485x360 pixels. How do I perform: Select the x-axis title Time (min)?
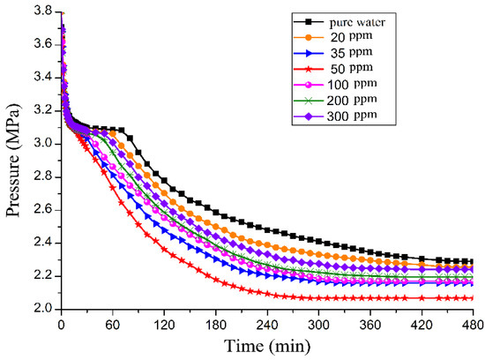click(265, 347)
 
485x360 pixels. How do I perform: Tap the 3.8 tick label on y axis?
click(40, 11)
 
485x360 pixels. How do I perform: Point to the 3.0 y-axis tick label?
click(40, 144)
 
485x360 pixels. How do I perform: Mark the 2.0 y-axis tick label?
click(40, 310)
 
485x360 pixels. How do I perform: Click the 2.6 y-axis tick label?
click(40, 210)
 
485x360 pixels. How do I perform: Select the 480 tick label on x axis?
click(472, 325)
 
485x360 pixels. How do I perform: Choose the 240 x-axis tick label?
click(266, 325)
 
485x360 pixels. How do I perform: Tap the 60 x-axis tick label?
click(111, 325)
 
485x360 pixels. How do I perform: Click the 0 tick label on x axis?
click(60, 325)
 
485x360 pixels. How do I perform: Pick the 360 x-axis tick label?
click(369, 325)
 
